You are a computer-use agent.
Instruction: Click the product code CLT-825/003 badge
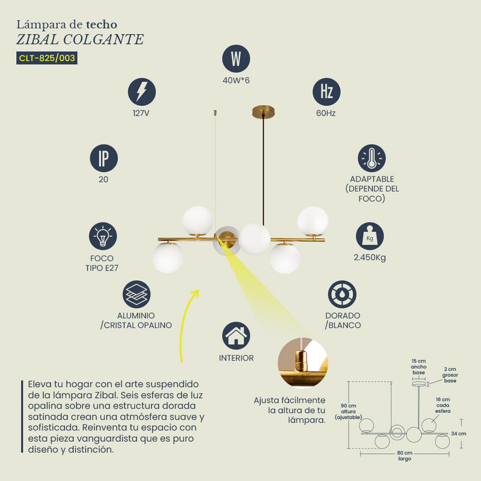click(47, 58)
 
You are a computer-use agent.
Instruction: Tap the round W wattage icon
click(236, 58)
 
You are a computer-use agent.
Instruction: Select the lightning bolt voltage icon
click(142, 92)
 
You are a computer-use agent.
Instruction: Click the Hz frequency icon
click(326, 92)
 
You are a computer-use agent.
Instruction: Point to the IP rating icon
click(103, 158)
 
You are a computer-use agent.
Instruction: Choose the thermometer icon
click(372, 158)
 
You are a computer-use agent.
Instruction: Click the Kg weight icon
click(370, 236)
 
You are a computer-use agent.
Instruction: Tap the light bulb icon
click(103, 236)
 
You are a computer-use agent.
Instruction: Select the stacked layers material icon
click(136, 294)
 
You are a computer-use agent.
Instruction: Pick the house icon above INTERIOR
click(236, 335)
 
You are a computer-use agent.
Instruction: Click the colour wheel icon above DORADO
click(342, 294)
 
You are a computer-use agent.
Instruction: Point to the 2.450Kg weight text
click(370, 257)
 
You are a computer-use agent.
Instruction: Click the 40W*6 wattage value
click(236, 81)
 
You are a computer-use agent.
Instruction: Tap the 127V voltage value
click(141, 113)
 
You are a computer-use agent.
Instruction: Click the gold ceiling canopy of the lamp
click(263, 112)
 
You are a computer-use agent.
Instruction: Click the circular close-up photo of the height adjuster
click(303, 363)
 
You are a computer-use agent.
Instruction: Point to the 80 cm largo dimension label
click(405, 456)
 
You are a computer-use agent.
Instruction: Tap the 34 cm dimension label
click(459, 434)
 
